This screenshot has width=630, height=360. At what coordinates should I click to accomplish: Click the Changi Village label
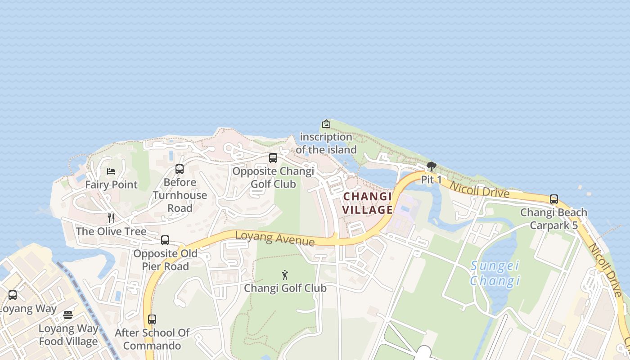coord(368,203)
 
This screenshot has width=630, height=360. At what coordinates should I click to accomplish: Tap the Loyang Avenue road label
coord(274,238)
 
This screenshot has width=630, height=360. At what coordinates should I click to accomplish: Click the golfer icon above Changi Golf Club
coord(284,274)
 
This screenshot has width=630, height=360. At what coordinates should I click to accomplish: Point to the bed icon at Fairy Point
coord(111,171)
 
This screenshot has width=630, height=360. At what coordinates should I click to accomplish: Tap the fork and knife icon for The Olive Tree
coord(111,218)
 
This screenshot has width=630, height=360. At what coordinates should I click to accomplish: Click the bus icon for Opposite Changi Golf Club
coord(273,158)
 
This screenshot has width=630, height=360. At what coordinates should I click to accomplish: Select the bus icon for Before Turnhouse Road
coord(180,169)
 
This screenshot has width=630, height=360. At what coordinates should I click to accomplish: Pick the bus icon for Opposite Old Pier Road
coord(165,240)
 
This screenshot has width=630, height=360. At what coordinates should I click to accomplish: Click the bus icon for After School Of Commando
coord(152,319)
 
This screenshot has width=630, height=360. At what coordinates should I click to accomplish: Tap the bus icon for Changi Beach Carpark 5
coord(553,199)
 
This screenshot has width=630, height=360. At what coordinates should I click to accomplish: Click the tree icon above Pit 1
coord(431,166)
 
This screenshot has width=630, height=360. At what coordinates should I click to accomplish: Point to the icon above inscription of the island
coord(326,124)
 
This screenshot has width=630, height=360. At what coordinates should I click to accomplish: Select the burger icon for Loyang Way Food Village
coord(68,315)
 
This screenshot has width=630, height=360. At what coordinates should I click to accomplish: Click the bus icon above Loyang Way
coord(13,295)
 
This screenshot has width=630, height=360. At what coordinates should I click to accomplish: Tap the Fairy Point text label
coord(111,184)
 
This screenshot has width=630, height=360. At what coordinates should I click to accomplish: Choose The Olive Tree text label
coord(111,231)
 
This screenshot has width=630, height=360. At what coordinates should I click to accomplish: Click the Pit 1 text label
coord(431,180)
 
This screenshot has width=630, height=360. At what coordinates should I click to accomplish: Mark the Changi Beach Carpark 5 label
coord(553,219)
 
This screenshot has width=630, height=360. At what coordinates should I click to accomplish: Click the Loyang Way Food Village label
coord(68,335)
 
